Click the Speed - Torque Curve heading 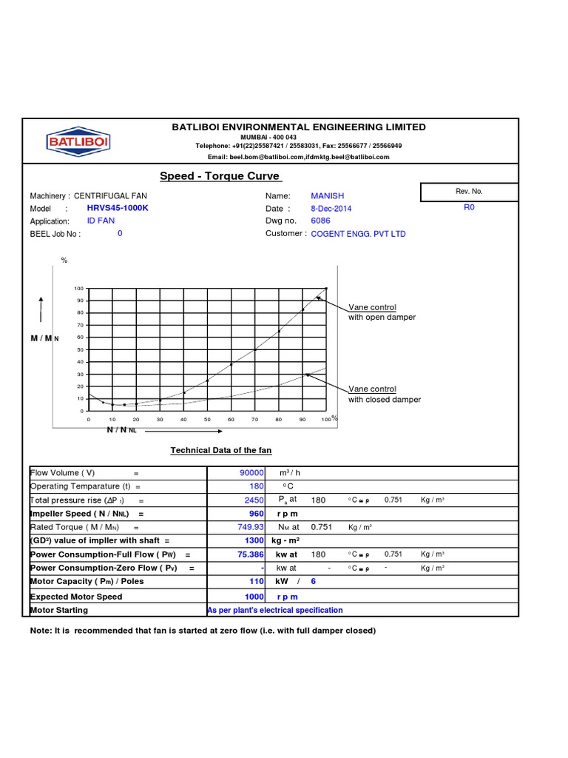pyautogui.click(x=220, y=176)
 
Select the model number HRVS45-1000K pyautogui.click(x=118, y=208)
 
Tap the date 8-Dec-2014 pyautogui.click(x=331, y=209)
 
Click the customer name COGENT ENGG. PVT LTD pyautogui.click(x=358, y=234)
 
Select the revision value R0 pyautogui.click(x=469, y=208)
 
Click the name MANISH pyautogui.click(x=327, y=195)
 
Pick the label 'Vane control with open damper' pyautogui.click(x=382, y=312)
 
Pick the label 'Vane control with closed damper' pyautogui.click(x=384, y=394)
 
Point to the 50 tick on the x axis pyautogui.click(x=207, y=420)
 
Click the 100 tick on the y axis pyautogui.click(x=79, y=288)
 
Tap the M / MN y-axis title pyautogui.click(x=44, y=338)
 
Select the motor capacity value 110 pyautogui.click(x=257, y=582)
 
